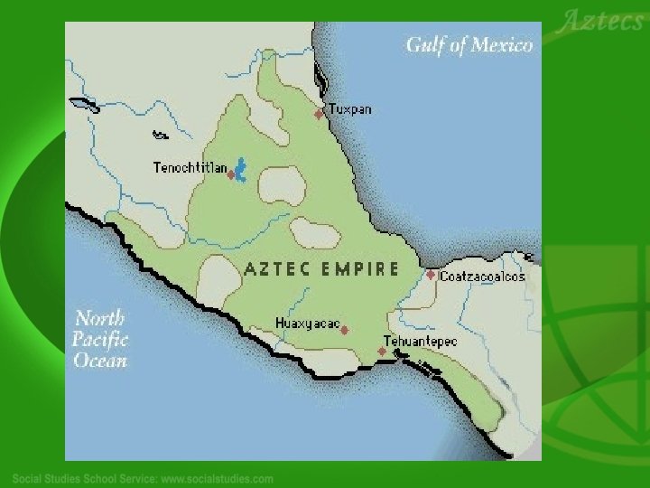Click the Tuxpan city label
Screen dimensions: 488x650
coord(349,109)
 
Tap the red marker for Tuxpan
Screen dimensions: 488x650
coord(319,114)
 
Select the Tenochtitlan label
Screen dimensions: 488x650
coord(190,167)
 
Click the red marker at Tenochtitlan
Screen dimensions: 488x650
coord(231,174)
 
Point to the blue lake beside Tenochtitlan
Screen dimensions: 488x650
coord(241,167)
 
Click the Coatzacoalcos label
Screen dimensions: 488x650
coord(482,277)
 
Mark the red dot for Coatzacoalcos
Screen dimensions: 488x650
coord(431,275)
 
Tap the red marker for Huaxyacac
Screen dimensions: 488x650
coord(344,331)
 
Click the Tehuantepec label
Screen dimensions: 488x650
coord(421,342)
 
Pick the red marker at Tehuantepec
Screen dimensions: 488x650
coord(382,351)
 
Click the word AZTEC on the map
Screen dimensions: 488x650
coord(277,268)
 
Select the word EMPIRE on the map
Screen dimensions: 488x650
coord(360,268)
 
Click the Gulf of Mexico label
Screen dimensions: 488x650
coord(469,44)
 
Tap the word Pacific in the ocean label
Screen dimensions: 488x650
coord(100,340)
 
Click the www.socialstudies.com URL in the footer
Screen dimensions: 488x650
coord(217,478)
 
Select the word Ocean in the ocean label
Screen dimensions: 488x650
coord(100,361)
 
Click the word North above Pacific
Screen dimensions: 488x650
coord(100,318)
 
